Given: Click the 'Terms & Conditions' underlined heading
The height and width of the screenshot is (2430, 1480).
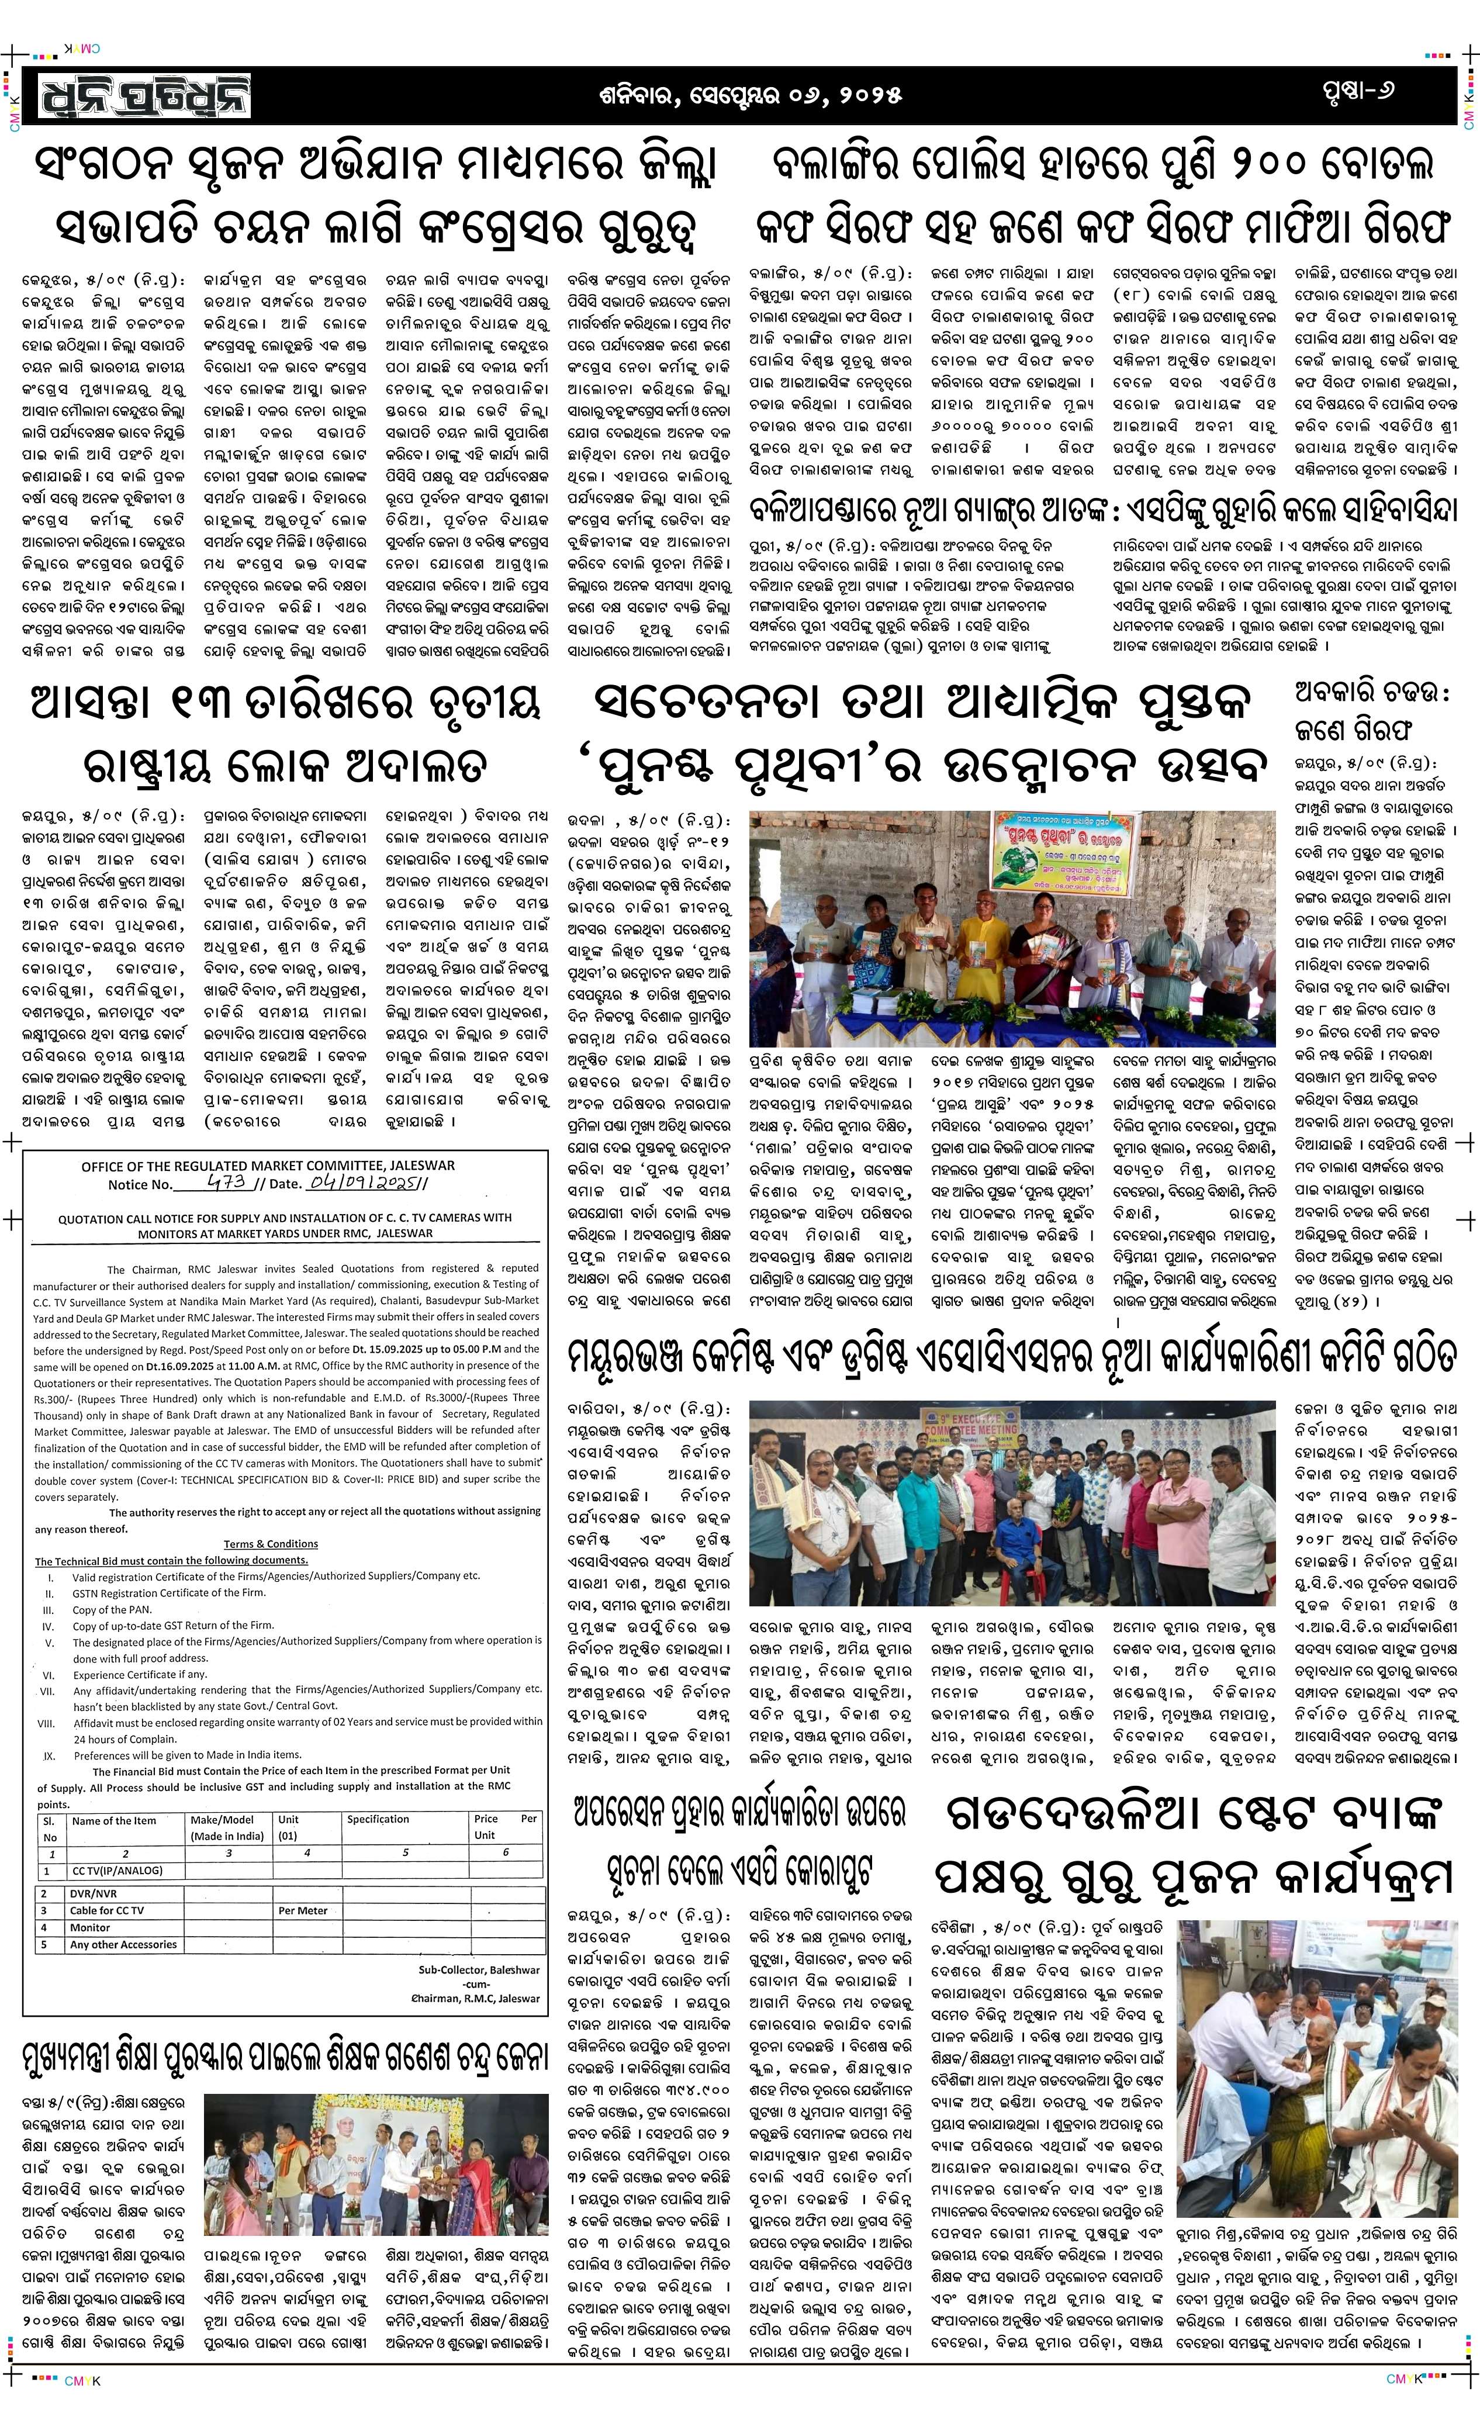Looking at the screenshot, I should pyautogui.click(x=270, y=1543).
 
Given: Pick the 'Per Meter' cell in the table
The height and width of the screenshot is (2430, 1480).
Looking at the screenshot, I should pyautogui.click(x=303, y=1909).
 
